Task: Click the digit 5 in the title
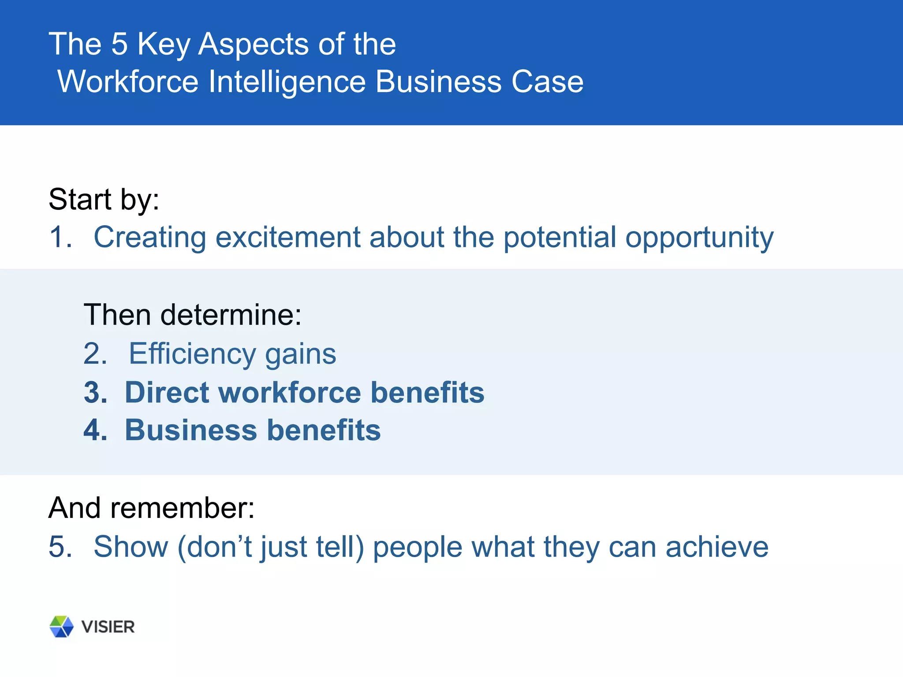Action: point(119,44)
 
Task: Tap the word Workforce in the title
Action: point(128,82)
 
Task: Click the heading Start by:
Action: point(104,200)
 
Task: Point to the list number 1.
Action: point(60,237)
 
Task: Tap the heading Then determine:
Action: point(192,315)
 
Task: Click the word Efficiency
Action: point(192,354)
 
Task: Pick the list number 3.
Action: point(95,393)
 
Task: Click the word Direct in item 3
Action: point(166,393)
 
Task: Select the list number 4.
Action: point(95,430)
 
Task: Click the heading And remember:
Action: point(151,508)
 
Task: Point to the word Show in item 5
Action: point(131,547)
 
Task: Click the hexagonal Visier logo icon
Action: point(61,626)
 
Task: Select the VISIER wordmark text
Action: point(108,627)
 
